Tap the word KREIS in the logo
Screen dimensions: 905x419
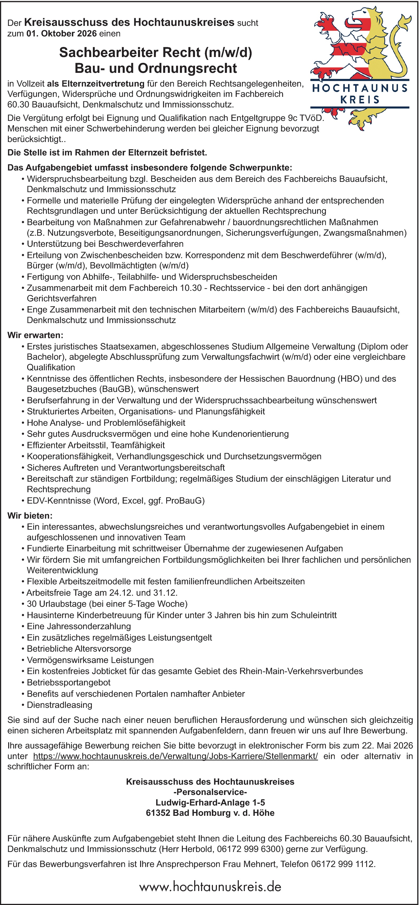pyautogui.click(x=360, y=100)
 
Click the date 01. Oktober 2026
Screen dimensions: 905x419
pyautogui.click(x=61, y=34)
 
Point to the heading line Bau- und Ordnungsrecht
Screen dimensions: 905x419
pyautogui.click(x=156, y=68)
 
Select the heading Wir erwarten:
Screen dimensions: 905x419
pyautogui.click(x=35, y=335)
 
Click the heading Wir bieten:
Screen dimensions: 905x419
pyautogui.click(x=30, y=516)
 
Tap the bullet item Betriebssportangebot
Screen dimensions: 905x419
pyautogui.click(x=69, y=682)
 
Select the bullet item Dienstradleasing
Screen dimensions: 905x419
pyautogui.click(x=59, y=705)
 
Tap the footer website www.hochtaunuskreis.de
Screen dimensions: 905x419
pyautogui.click(x=210, y=887)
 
